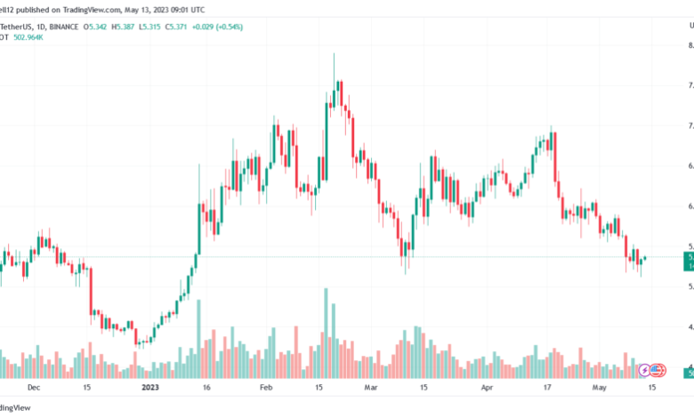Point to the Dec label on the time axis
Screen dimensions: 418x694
(x=34, y=388)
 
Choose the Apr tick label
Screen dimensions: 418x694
(x=487, y=388)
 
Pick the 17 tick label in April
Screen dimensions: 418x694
(x=548, y=388)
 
